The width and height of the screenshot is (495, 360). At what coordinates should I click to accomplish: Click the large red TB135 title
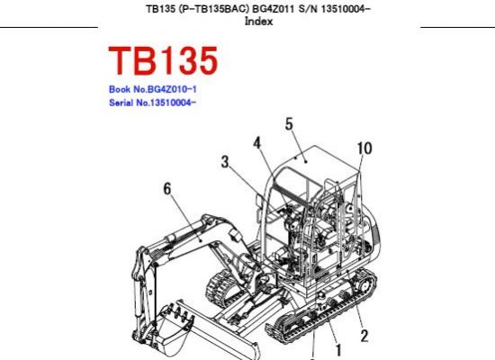click(x=163, y=60)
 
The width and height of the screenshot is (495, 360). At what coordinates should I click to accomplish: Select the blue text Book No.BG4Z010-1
click(x=153, y=89)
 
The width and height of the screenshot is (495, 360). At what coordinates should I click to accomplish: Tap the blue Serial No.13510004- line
click(x=152, y=103)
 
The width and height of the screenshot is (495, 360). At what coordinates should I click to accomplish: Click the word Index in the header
click(x=258, y=22)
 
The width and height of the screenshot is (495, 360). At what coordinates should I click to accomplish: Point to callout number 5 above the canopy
click(x=289, y=124)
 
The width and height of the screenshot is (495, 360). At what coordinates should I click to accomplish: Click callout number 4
click(x=257, y=143)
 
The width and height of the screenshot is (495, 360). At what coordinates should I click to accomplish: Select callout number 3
click(x=224, y=162)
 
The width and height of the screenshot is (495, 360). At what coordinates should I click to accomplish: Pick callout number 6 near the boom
click(x=167, y=189)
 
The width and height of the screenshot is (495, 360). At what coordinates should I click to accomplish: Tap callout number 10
click(x=364, y=148)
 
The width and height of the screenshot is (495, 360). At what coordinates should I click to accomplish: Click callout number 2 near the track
click(x=364, y=336)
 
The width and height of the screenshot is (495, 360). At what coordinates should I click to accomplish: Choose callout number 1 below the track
click(x=338, y=350)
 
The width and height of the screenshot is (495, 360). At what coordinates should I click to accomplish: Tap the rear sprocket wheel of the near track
click(x=363, y=286)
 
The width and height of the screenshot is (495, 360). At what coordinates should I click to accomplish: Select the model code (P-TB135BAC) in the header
click(x=213, y=9)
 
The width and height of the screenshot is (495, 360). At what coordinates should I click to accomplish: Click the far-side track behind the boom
click(x=221, y=289)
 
